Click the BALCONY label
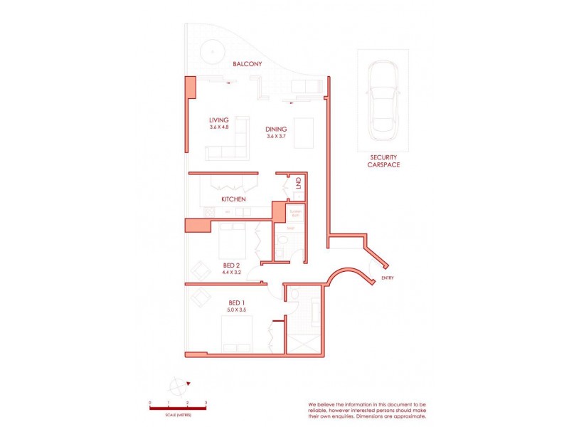coord(248,64)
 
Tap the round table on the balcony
coord(211,51)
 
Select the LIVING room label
coord(218,120)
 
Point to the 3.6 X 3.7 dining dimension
coord(276,136)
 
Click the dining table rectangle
coord(305,132)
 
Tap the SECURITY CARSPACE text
coord(383,161)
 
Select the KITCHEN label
coord(233,199)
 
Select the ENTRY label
coord(388,278)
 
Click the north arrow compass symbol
coord(178,386)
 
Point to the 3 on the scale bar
coord(206,403)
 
